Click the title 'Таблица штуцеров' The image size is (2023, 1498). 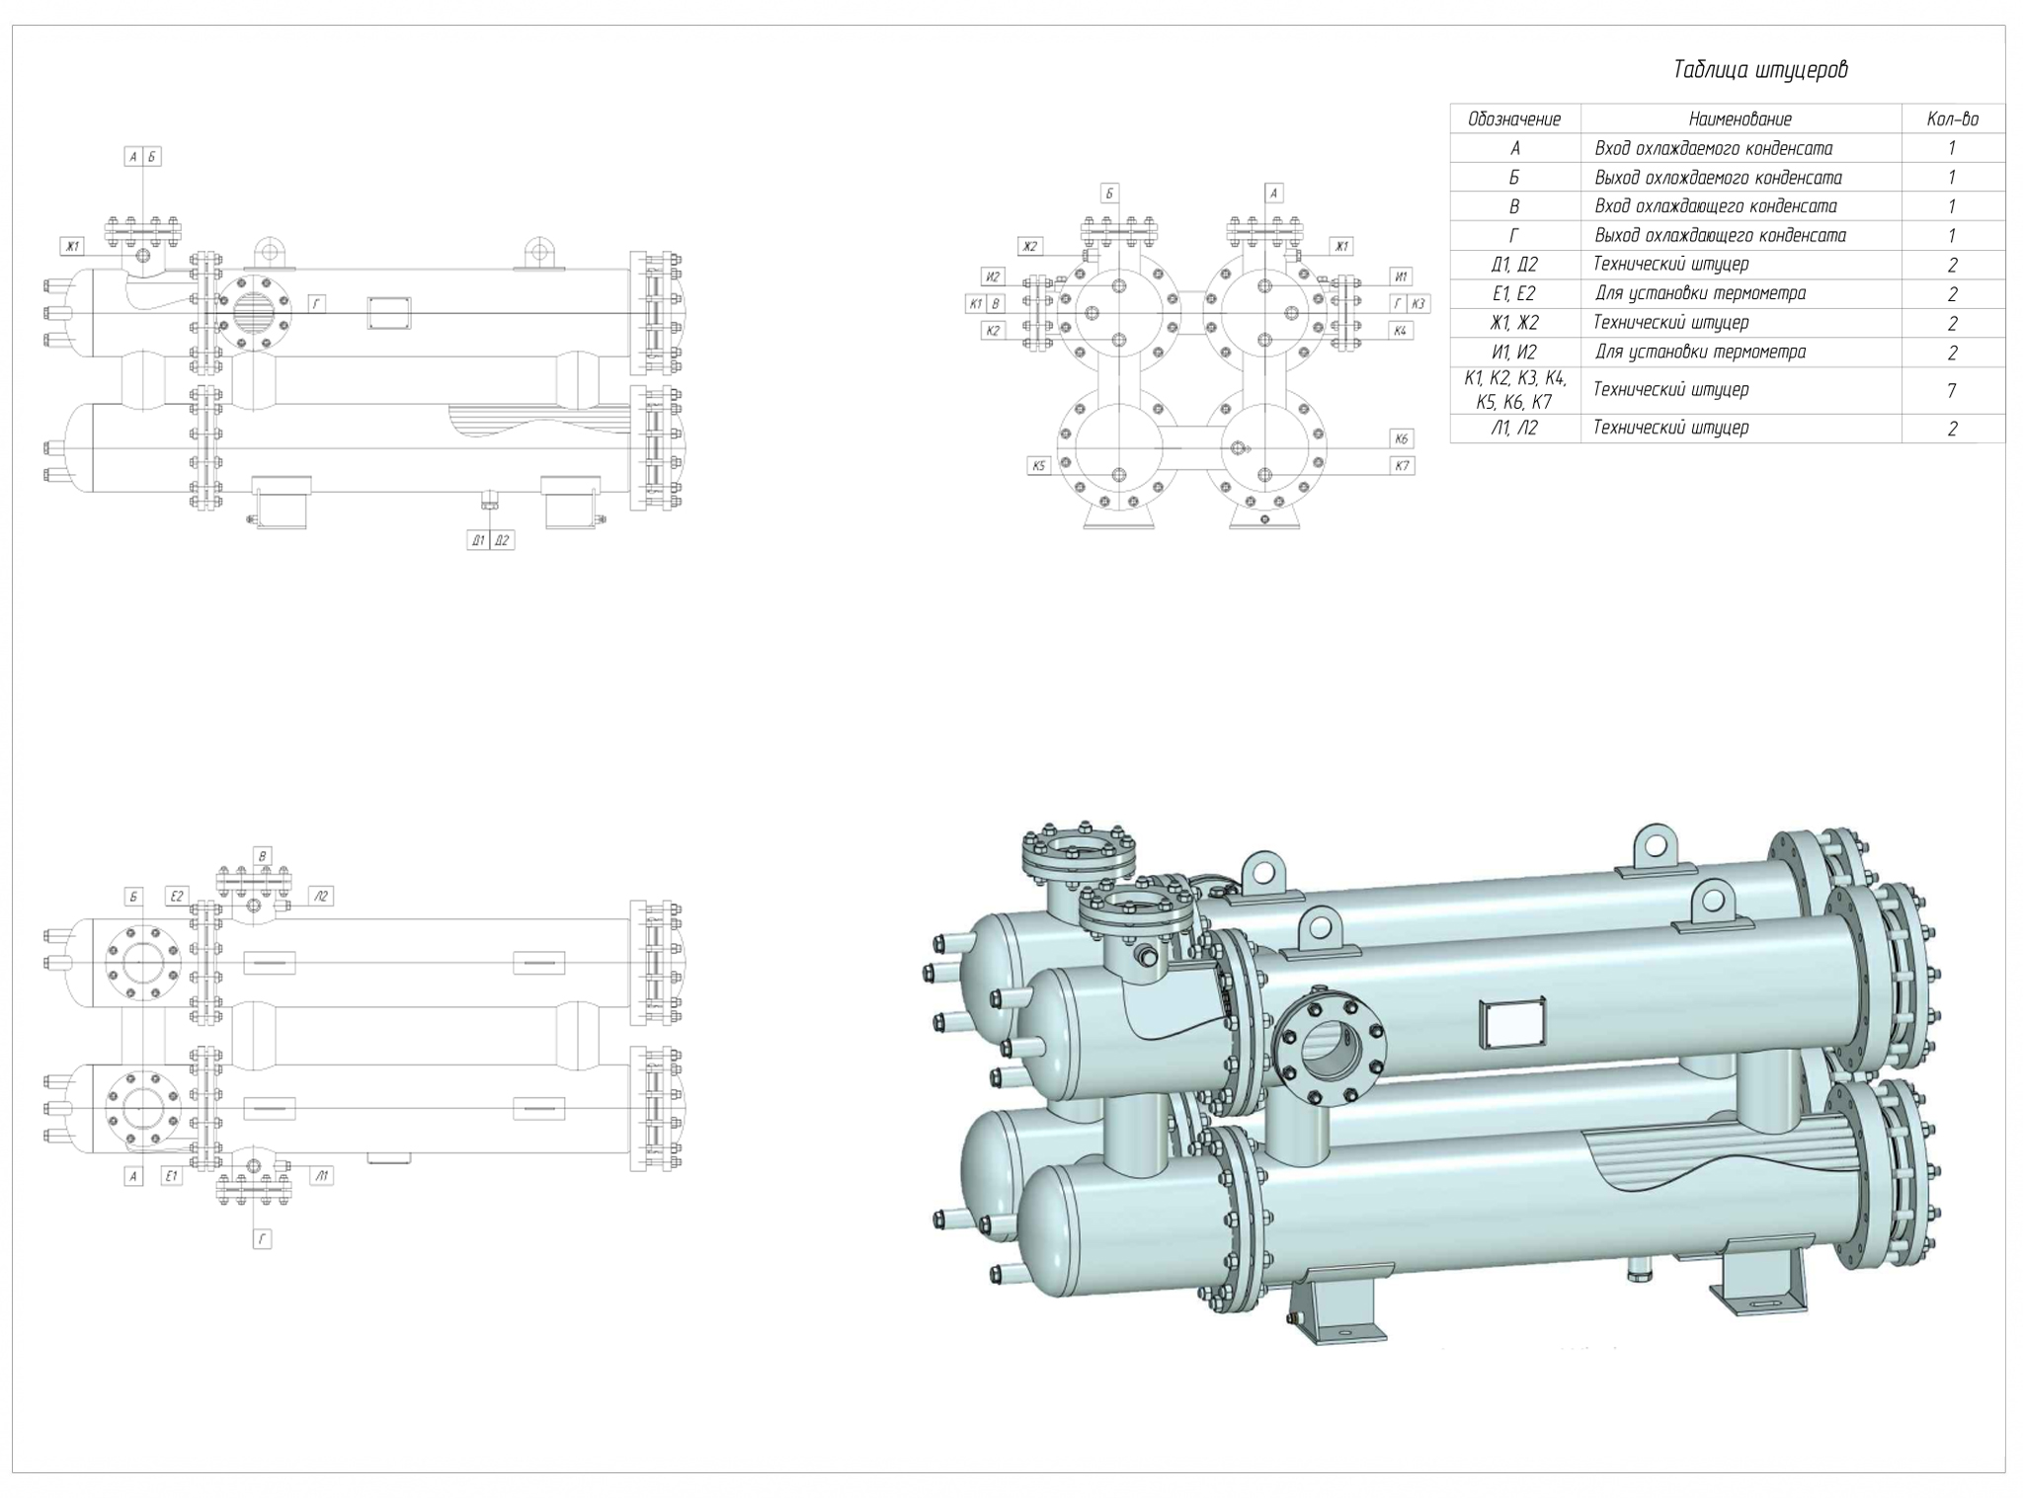coord(1760,70)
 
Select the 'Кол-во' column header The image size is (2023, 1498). coord(1952,119)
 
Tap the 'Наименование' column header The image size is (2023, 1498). coord(1740,119)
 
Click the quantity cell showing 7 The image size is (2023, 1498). coord(1952,391)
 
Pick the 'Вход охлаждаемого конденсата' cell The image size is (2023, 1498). coord(1713,148)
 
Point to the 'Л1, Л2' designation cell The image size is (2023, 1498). coord(1514,428)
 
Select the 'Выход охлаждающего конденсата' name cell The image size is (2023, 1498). coord(1719,235)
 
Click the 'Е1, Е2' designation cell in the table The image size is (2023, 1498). coord(1514,293)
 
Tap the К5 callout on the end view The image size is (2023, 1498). coord(1038,465)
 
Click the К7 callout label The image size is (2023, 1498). coord(1402,465)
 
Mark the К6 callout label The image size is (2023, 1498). coord(1402,438)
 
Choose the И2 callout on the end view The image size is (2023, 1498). coord(993,276)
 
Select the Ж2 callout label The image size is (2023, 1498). coord(1030,246)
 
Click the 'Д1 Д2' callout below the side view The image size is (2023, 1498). coord(490,540)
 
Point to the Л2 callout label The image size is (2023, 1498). coord(320,896)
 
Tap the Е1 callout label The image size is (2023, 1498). coord(172,1175)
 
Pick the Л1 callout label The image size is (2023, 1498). coord(321,1175)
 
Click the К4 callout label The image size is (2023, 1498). coord(1400,330)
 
